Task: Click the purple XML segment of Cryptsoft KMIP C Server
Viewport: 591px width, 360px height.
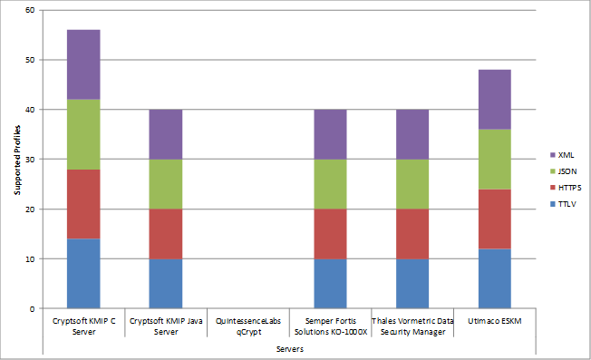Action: tap(82, 64)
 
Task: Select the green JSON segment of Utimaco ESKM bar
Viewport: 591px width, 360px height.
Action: tap(495, 159)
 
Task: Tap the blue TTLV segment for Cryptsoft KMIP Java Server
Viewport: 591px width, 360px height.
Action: tap(165, 283)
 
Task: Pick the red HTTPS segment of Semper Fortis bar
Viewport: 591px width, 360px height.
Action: tap(330, 233)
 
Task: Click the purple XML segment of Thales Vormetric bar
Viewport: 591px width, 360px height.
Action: tap(412, 134)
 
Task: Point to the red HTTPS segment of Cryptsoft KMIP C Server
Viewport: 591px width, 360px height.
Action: tap(82, 204)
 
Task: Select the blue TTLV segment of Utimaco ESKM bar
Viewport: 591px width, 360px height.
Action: tap(495, 278)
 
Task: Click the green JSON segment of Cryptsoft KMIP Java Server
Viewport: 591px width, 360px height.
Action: tap(165, 184)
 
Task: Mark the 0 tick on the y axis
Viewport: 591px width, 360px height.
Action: tap(32, 308)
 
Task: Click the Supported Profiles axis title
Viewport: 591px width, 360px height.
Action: tap(16, 160)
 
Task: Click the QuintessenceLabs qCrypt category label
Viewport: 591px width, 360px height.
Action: tap(247, 326)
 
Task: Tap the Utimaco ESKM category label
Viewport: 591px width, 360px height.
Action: tap(495, 321)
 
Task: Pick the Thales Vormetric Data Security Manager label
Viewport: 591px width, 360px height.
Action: tap(412, 326)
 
